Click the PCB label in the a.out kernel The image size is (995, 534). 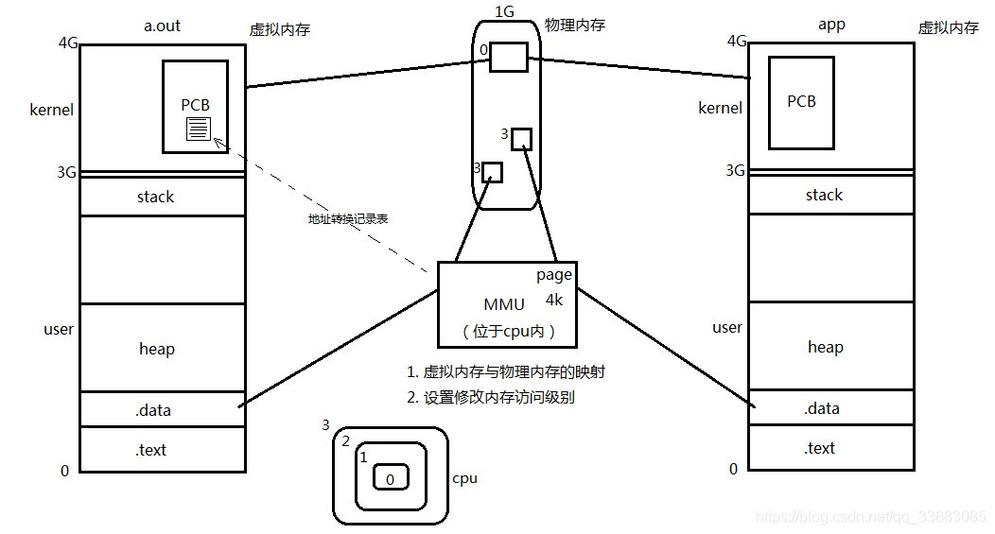pos(195,105)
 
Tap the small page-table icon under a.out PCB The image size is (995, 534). pos(198,129)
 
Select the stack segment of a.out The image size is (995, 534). pos(155,197)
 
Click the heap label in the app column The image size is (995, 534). pos(825,347)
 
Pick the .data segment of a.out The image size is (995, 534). pos(153,410)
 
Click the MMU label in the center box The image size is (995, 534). pos(503,304)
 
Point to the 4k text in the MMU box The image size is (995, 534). pos(553,300)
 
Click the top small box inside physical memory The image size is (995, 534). pos(508,57)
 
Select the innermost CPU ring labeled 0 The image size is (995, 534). pos(390,479)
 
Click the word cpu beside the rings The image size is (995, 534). pos(464,478)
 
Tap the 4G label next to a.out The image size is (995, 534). pos(67,43)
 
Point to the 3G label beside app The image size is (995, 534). pos(735,170)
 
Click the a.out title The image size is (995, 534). pos(162,26)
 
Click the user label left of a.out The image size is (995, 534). pos(59,330)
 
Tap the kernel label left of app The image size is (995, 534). pos(720,108)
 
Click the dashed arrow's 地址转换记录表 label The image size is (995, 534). pos(348,218)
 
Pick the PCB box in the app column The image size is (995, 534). pos(801,102)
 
